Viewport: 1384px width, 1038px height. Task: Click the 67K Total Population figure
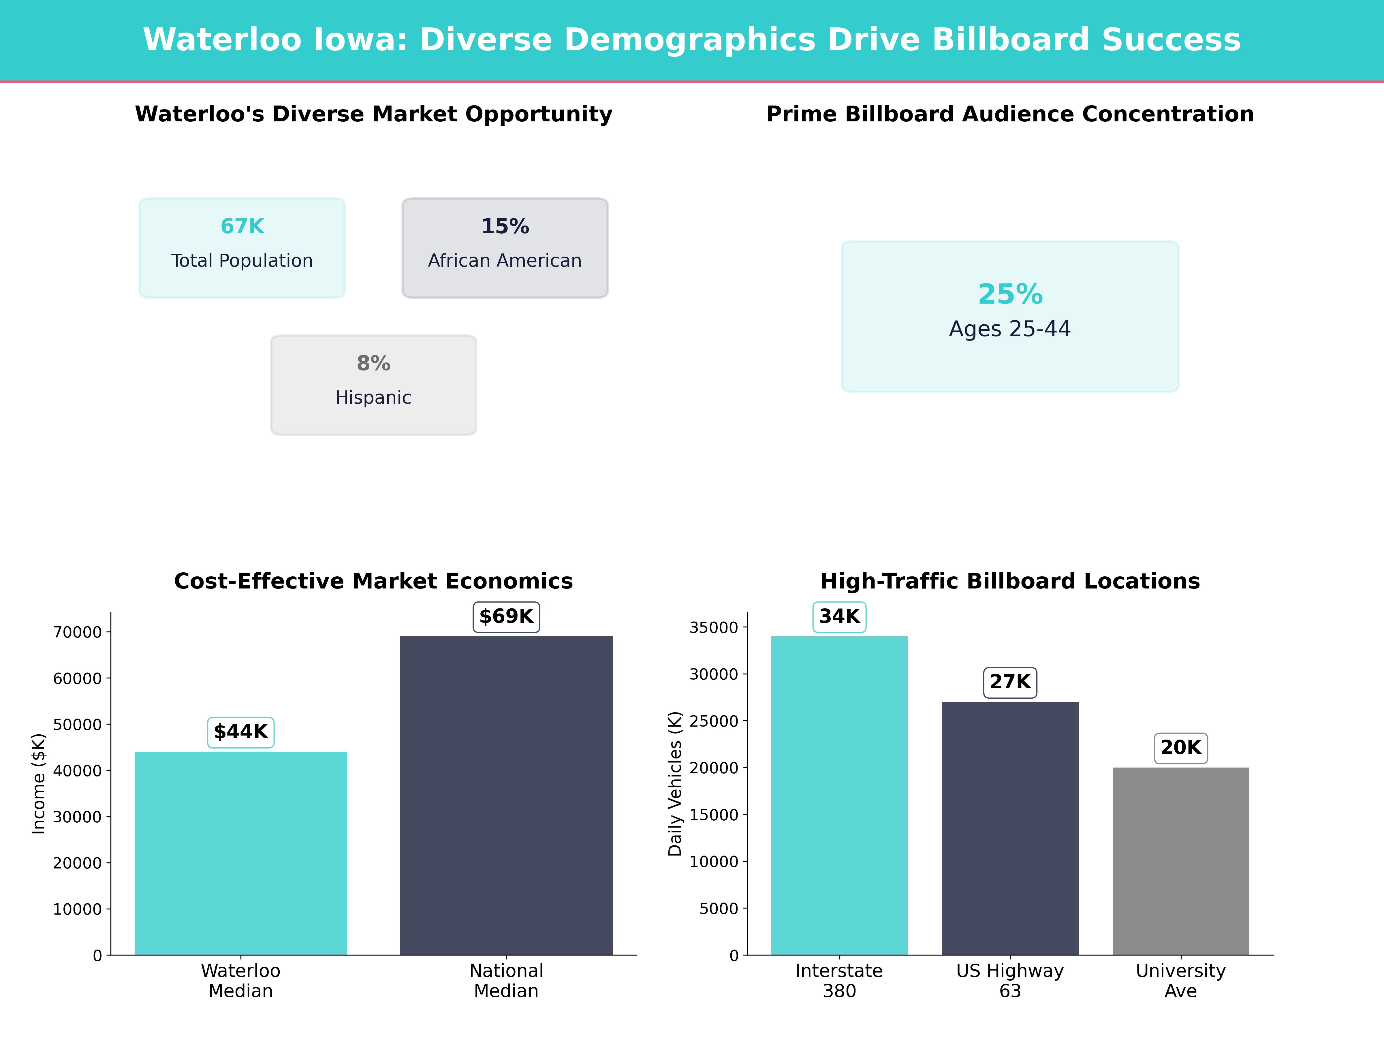242,227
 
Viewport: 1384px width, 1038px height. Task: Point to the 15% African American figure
505,227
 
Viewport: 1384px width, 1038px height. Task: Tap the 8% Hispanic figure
373,364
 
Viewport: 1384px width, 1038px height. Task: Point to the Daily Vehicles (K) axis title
674,783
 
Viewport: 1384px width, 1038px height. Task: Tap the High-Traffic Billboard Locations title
1010,581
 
